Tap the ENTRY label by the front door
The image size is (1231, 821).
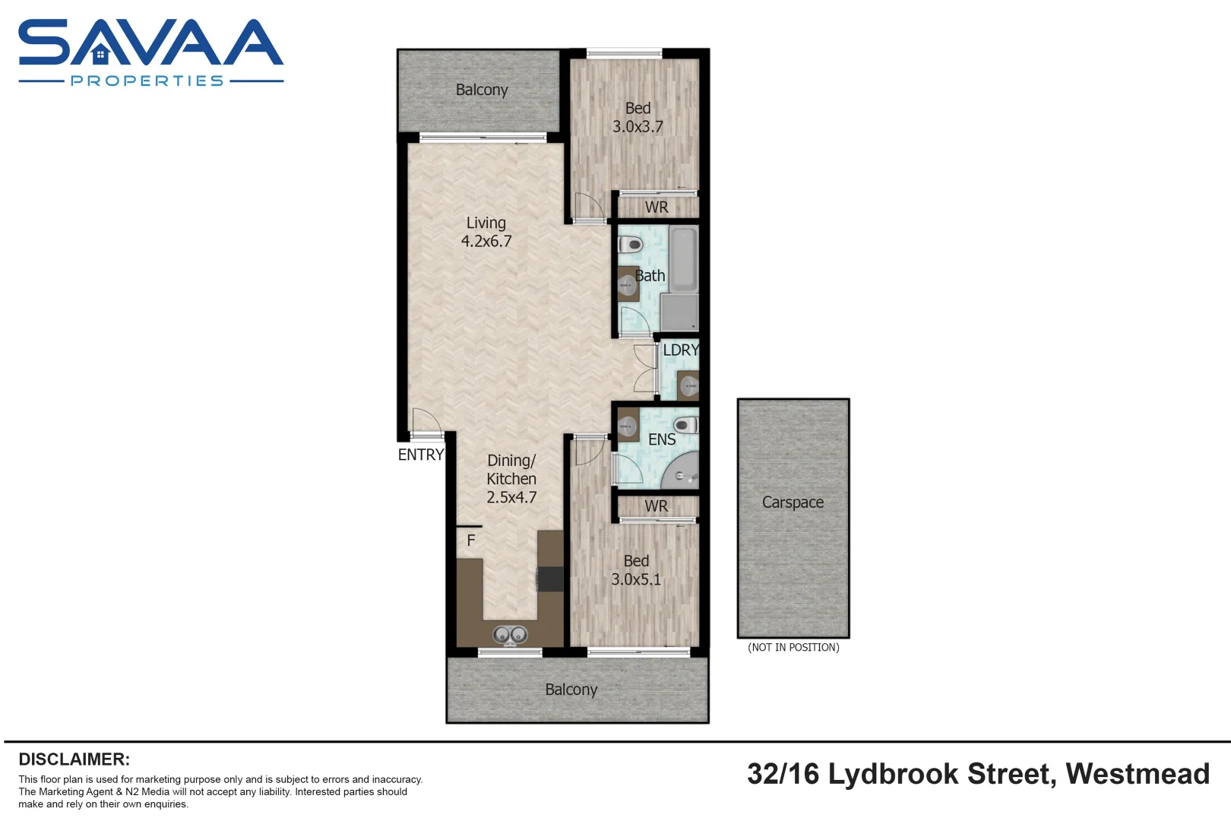pos(420,455)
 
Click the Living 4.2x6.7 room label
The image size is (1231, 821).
pos(486,232)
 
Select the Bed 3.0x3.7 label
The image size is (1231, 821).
pos(638,118)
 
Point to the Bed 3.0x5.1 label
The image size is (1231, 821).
pos(636,570)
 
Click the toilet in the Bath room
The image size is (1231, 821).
pos(631,245)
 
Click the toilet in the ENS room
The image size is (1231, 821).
pos(685,425)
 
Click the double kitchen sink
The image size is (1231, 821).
pos(509,634)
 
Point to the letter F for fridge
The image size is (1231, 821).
pos(471,540)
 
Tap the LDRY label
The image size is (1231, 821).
pos(680,350)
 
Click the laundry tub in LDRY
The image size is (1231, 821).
pos(688,386)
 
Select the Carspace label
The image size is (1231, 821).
pos(793,502)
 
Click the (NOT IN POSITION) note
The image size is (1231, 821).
pos(793,648)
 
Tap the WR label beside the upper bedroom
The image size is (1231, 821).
pos(657,207)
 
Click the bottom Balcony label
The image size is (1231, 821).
pos(571,689)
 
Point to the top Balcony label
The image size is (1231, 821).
pos(482,90)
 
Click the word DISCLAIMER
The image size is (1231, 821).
pos(74,759)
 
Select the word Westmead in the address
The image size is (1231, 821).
pos(1138,774)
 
